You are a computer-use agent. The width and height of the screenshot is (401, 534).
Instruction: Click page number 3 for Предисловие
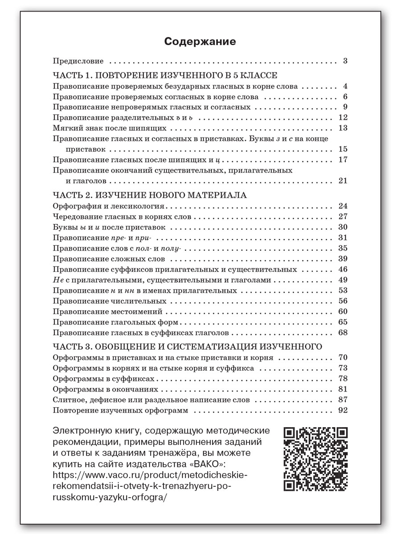click(345, 61)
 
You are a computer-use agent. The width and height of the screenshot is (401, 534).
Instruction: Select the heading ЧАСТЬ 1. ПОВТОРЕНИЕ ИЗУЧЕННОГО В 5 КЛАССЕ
click(165, 75)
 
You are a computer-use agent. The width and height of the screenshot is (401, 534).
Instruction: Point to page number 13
click(343, 128)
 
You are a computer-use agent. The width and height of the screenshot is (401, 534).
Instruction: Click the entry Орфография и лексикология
click(109, 206)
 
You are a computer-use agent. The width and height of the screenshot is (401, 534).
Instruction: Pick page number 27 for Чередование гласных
click(343, 217)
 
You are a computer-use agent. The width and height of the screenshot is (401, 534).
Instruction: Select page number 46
click(343, 269)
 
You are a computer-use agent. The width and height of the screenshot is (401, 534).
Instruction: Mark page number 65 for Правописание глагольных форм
click(343, 322)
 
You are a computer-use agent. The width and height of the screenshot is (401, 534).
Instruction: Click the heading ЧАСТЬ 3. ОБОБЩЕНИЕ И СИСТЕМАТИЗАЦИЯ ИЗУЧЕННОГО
click(188, 346)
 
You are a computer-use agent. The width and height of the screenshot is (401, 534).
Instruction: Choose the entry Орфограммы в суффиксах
click(103, 379)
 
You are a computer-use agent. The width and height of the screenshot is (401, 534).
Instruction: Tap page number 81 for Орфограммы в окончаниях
click(343, 389)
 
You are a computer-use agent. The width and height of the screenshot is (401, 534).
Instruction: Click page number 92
click(343, 410)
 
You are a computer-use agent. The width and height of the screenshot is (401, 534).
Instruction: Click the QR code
click(316, 458)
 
